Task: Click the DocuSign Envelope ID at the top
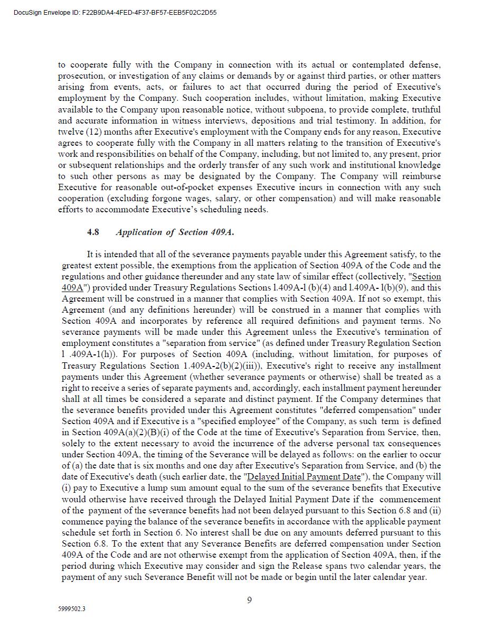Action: [x=115, y=12]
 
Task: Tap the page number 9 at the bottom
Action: [x=249, y=599]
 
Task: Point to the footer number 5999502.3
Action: [x=72, y=608]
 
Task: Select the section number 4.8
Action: [x=93, y=232]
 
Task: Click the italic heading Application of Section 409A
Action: [x=175, y=232]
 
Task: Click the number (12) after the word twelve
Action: [x=89, y=132]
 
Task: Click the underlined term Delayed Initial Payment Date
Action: [x=304, y=477]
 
